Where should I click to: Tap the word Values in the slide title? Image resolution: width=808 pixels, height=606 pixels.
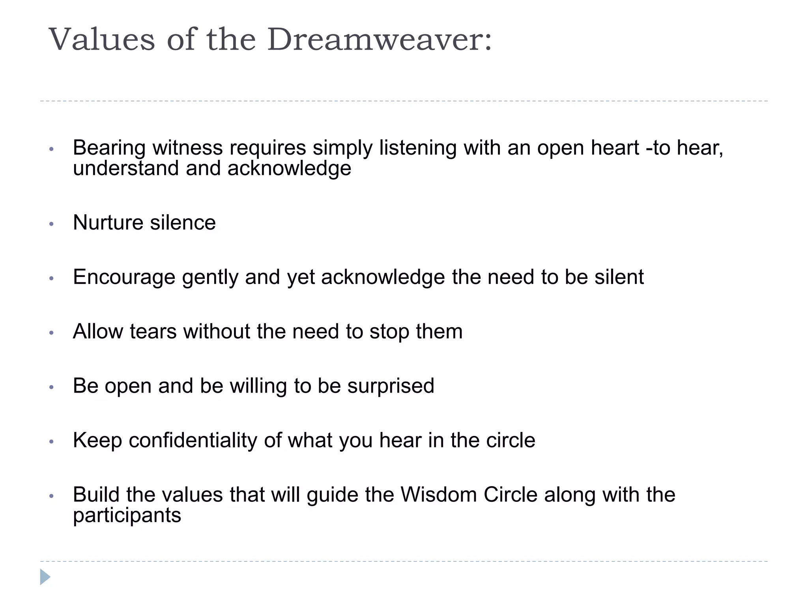tap(102, 39)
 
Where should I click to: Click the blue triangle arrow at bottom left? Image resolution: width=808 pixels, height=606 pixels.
tap(45, 577)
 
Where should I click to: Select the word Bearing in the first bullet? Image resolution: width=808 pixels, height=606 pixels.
tap(109, 148)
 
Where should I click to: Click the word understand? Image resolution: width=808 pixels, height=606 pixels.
tap(126, 168)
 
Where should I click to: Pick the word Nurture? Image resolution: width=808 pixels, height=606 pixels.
tap(108, 223)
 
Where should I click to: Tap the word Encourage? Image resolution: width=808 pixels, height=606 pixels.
tap(124, 277)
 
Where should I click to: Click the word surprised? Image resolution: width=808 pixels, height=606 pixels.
tap(391, 386)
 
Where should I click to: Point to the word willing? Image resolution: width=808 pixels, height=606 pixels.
tap(258, 386)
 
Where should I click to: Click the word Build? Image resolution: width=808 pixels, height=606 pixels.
tap(96, 495)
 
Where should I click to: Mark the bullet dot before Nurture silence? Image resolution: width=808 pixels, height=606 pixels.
tap(51, 224)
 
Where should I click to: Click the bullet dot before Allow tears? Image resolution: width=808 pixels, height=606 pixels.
tap(51, 333)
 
